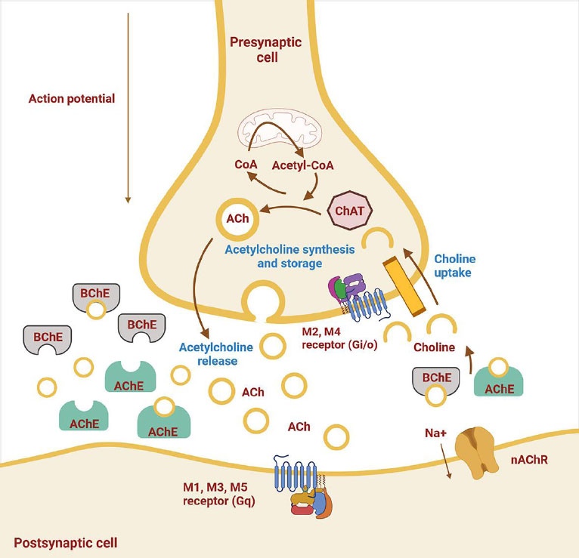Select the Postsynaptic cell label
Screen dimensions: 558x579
(65, 542)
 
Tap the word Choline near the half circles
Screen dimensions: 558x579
(436, 348)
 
